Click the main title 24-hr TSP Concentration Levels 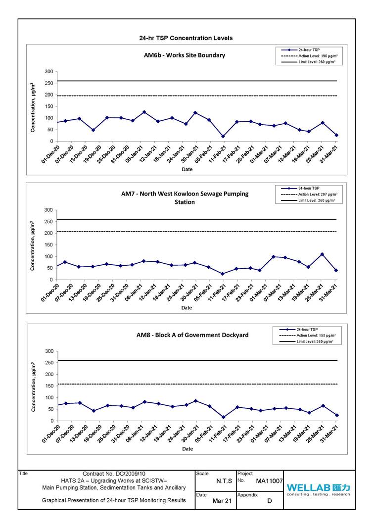tap(186, 38)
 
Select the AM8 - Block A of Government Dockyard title tap(192, 335)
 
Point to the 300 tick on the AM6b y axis tap(48, 72)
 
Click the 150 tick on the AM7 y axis tap(48, 245)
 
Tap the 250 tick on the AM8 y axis tap(48, 363)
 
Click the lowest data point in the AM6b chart tap(223, 137)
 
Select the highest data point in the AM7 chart tap(322, 254)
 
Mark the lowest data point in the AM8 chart tap(224, 417)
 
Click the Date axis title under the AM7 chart tap(187, 308)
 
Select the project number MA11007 tap(269, 481)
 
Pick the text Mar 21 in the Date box tap(222, 501)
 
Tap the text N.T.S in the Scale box tap(224, 481)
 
